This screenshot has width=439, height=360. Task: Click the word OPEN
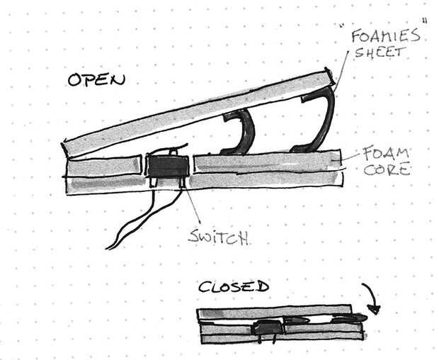pos(96,79)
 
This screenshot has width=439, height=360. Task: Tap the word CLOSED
pos(233,287)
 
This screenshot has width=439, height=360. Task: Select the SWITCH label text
pos(218,238)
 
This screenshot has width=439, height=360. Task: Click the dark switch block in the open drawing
pos(168,167)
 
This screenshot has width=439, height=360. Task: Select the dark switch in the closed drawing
pos(266,327)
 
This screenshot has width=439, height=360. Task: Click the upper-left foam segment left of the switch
pos(103,167)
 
